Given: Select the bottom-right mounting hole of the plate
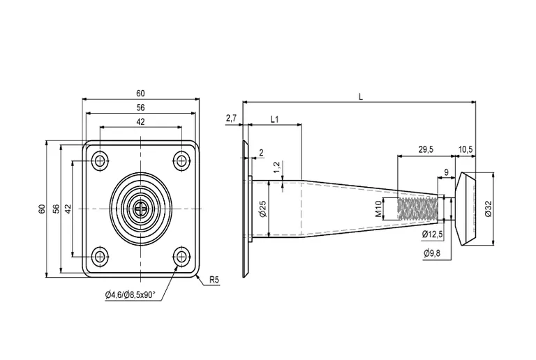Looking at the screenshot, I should tap(182, 257).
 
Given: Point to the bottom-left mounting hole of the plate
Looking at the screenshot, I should tap(100, 257).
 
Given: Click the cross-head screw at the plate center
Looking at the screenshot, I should tap(142, 209).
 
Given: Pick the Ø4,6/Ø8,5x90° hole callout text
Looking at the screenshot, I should tap(131, 295).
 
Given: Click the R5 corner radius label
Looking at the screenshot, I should tap(214, 280).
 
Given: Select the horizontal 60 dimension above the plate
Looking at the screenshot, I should tap(141, 93).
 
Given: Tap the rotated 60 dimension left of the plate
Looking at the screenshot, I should tap(42, 209).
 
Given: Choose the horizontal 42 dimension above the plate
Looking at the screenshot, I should tap(141, 121).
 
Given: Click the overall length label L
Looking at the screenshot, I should tap(360, 97).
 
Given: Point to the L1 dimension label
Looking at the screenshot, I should tap(274, 119).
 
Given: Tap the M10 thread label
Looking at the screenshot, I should tap(378, 209).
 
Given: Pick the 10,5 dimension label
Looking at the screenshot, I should tap(466, 149).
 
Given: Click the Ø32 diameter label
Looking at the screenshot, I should tap(488, 209).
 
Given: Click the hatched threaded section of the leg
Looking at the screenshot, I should tap(417, 209).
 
